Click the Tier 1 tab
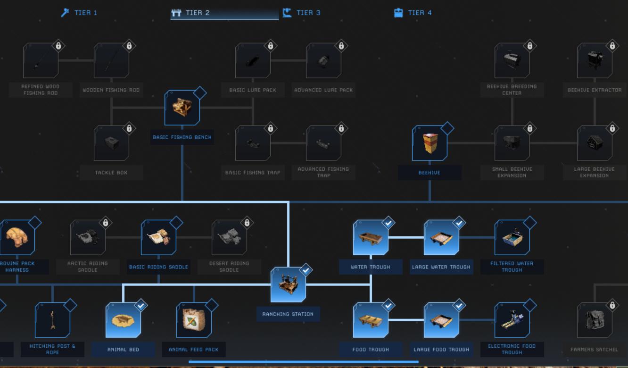coord(79,13)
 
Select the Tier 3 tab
coord(302,13)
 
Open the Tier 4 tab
coord(413,13)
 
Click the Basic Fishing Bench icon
coord(182,108)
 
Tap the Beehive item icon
coord(430,143)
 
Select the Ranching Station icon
coord(288,284)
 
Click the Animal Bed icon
coord(123,320)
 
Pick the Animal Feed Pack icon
coord(194,320)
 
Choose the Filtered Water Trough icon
coord(512,238)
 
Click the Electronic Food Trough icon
coord(512,320)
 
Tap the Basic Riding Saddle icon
coord(159,238)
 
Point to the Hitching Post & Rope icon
coord(52,320)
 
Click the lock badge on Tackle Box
coord(129,128)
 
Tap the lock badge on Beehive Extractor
coord(612,46)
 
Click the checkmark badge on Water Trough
coord(388,223)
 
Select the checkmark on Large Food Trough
coord(459,305)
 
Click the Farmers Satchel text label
coord(594,350)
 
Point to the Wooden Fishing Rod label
coord(111,90)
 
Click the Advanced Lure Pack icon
coord(323,60)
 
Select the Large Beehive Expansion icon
coord(595,143)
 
